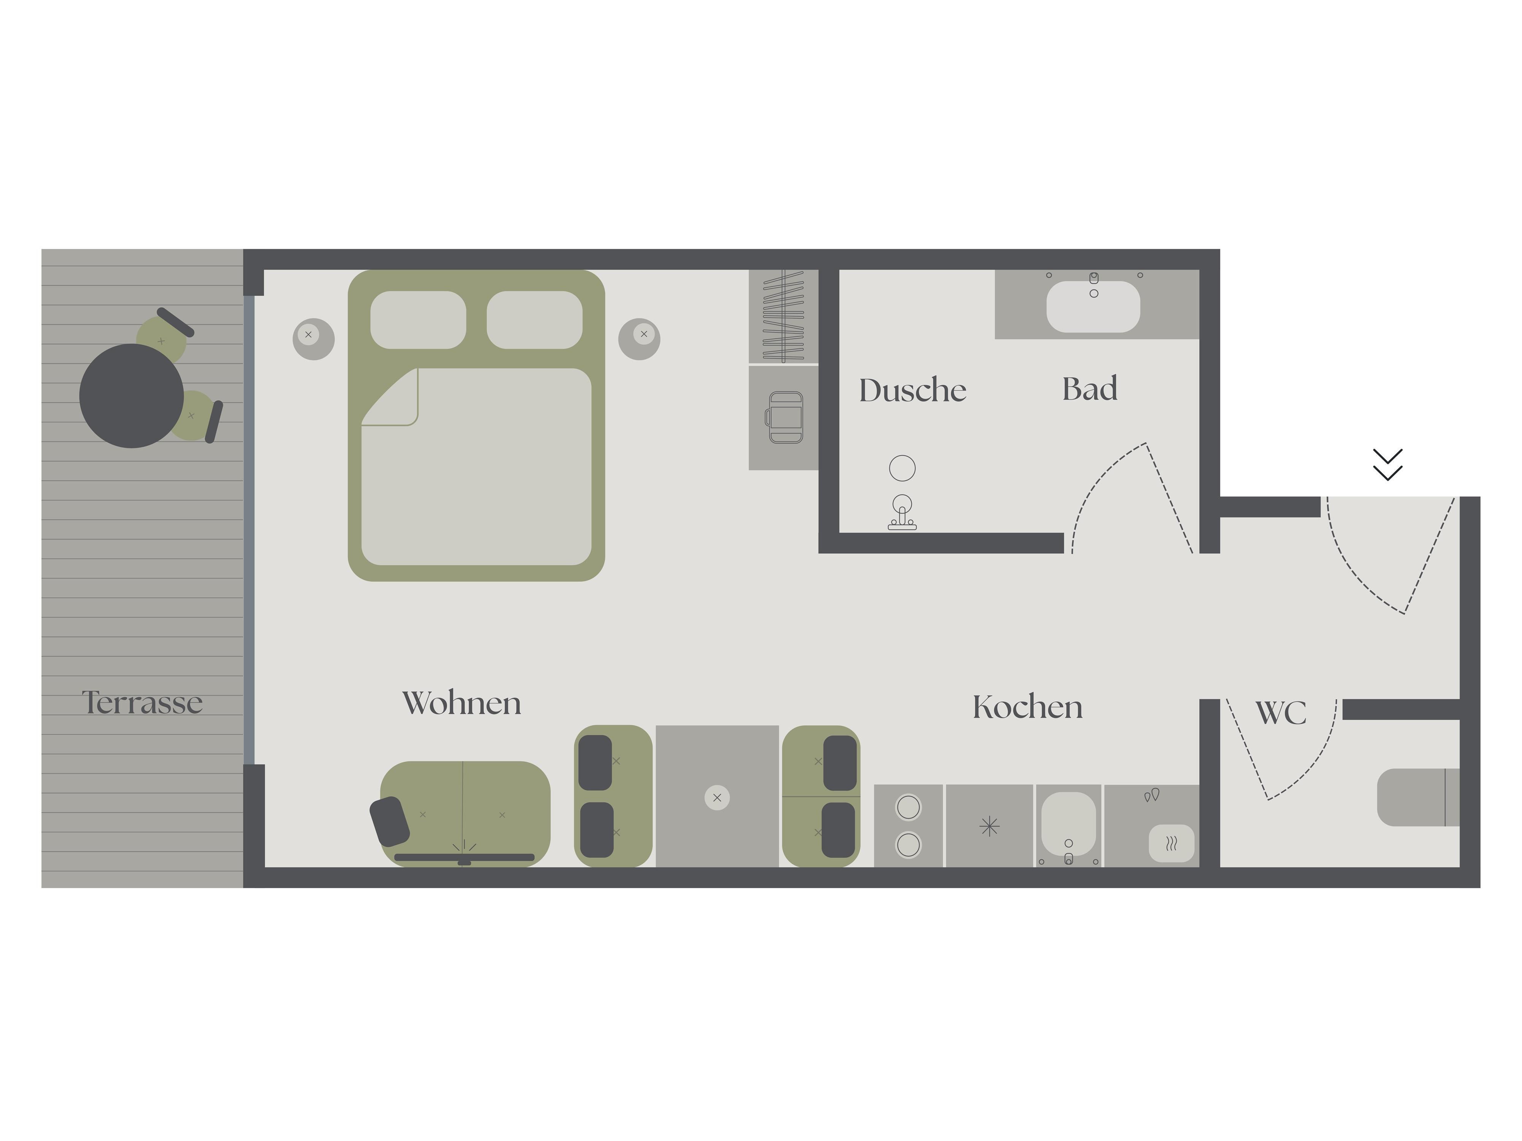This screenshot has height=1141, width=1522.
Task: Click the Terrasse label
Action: tap(142, 702)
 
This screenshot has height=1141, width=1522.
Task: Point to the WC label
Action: tap(1280, 712)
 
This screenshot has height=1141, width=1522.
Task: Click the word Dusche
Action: tap(912, 390)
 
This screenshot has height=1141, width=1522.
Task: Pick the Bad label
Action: tap(1090, 389)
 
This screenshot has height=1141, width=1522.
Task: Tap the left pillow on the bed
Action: tap(418, 320)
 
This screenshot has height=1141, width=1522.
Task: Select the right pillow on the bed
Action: tap(535, 320)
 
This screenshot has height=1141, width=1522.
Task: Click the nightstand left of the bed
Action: tap(314, 339)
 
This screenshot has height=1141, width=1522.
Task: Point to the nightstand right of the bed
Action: tap(639, 339)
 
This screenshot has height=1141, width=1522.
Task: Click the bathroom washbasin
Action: tap(1093, 307)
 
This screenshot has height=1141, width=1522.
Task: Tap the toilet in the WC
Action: tap(1417, 797)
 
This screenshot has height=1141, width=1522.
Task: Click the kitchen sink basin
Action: tap(1068, 823)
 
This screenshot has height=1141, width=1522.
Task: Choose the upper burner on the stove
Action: tap(908, 807)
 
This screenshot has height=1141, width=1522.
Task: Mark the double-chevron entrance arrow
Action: tap(1387, 465)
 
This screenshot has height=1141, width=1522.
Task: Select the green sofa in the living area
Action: tap(465, 814)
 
